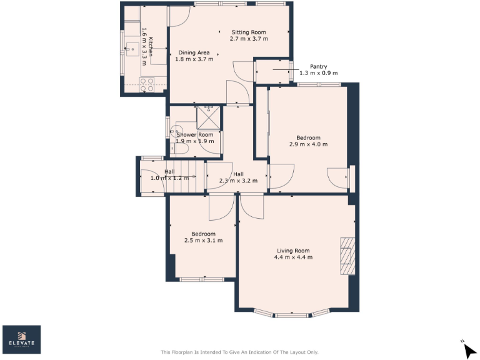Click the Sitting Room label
[249, 32]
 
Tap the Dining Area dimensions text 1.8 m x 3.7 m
[194, 59]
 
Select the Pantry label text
[318, 66]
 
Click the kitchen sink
[133, 48]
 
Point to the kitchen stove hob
[147, 84]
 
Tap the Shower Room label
[194, 134]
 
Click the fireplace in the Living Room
[347, 256]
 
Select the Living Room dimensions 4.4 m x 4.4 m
[293, 257]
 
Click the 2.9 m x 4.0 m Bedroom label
[308, 141]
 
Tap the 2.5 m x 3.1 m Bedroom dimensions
[203, 240]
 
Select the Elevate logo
[22, 339]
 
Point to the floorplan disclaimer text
[239, 352]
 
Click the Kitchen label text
[151, 47]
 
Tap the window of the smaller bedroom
[200, 279]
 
